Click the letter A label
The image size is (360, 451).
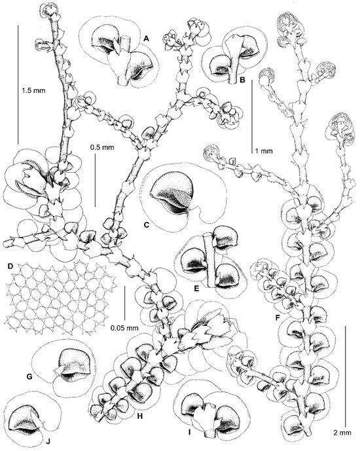[x=147, y=38]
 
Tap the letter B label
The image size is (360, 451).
[x=242, y=80]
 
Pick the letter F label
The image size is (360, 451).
[x=278, y=318]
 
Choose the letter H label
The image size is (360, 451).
[x=140, y=416]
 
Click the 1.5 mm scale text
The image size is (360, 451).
[x=33, y=90]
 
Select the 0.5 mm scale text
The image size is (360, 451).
[x=102, y=147]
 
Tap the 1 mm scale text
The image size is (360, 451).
[x=264, y=151]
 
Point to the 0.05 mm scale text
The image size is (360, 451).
[x=124, y=327]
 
